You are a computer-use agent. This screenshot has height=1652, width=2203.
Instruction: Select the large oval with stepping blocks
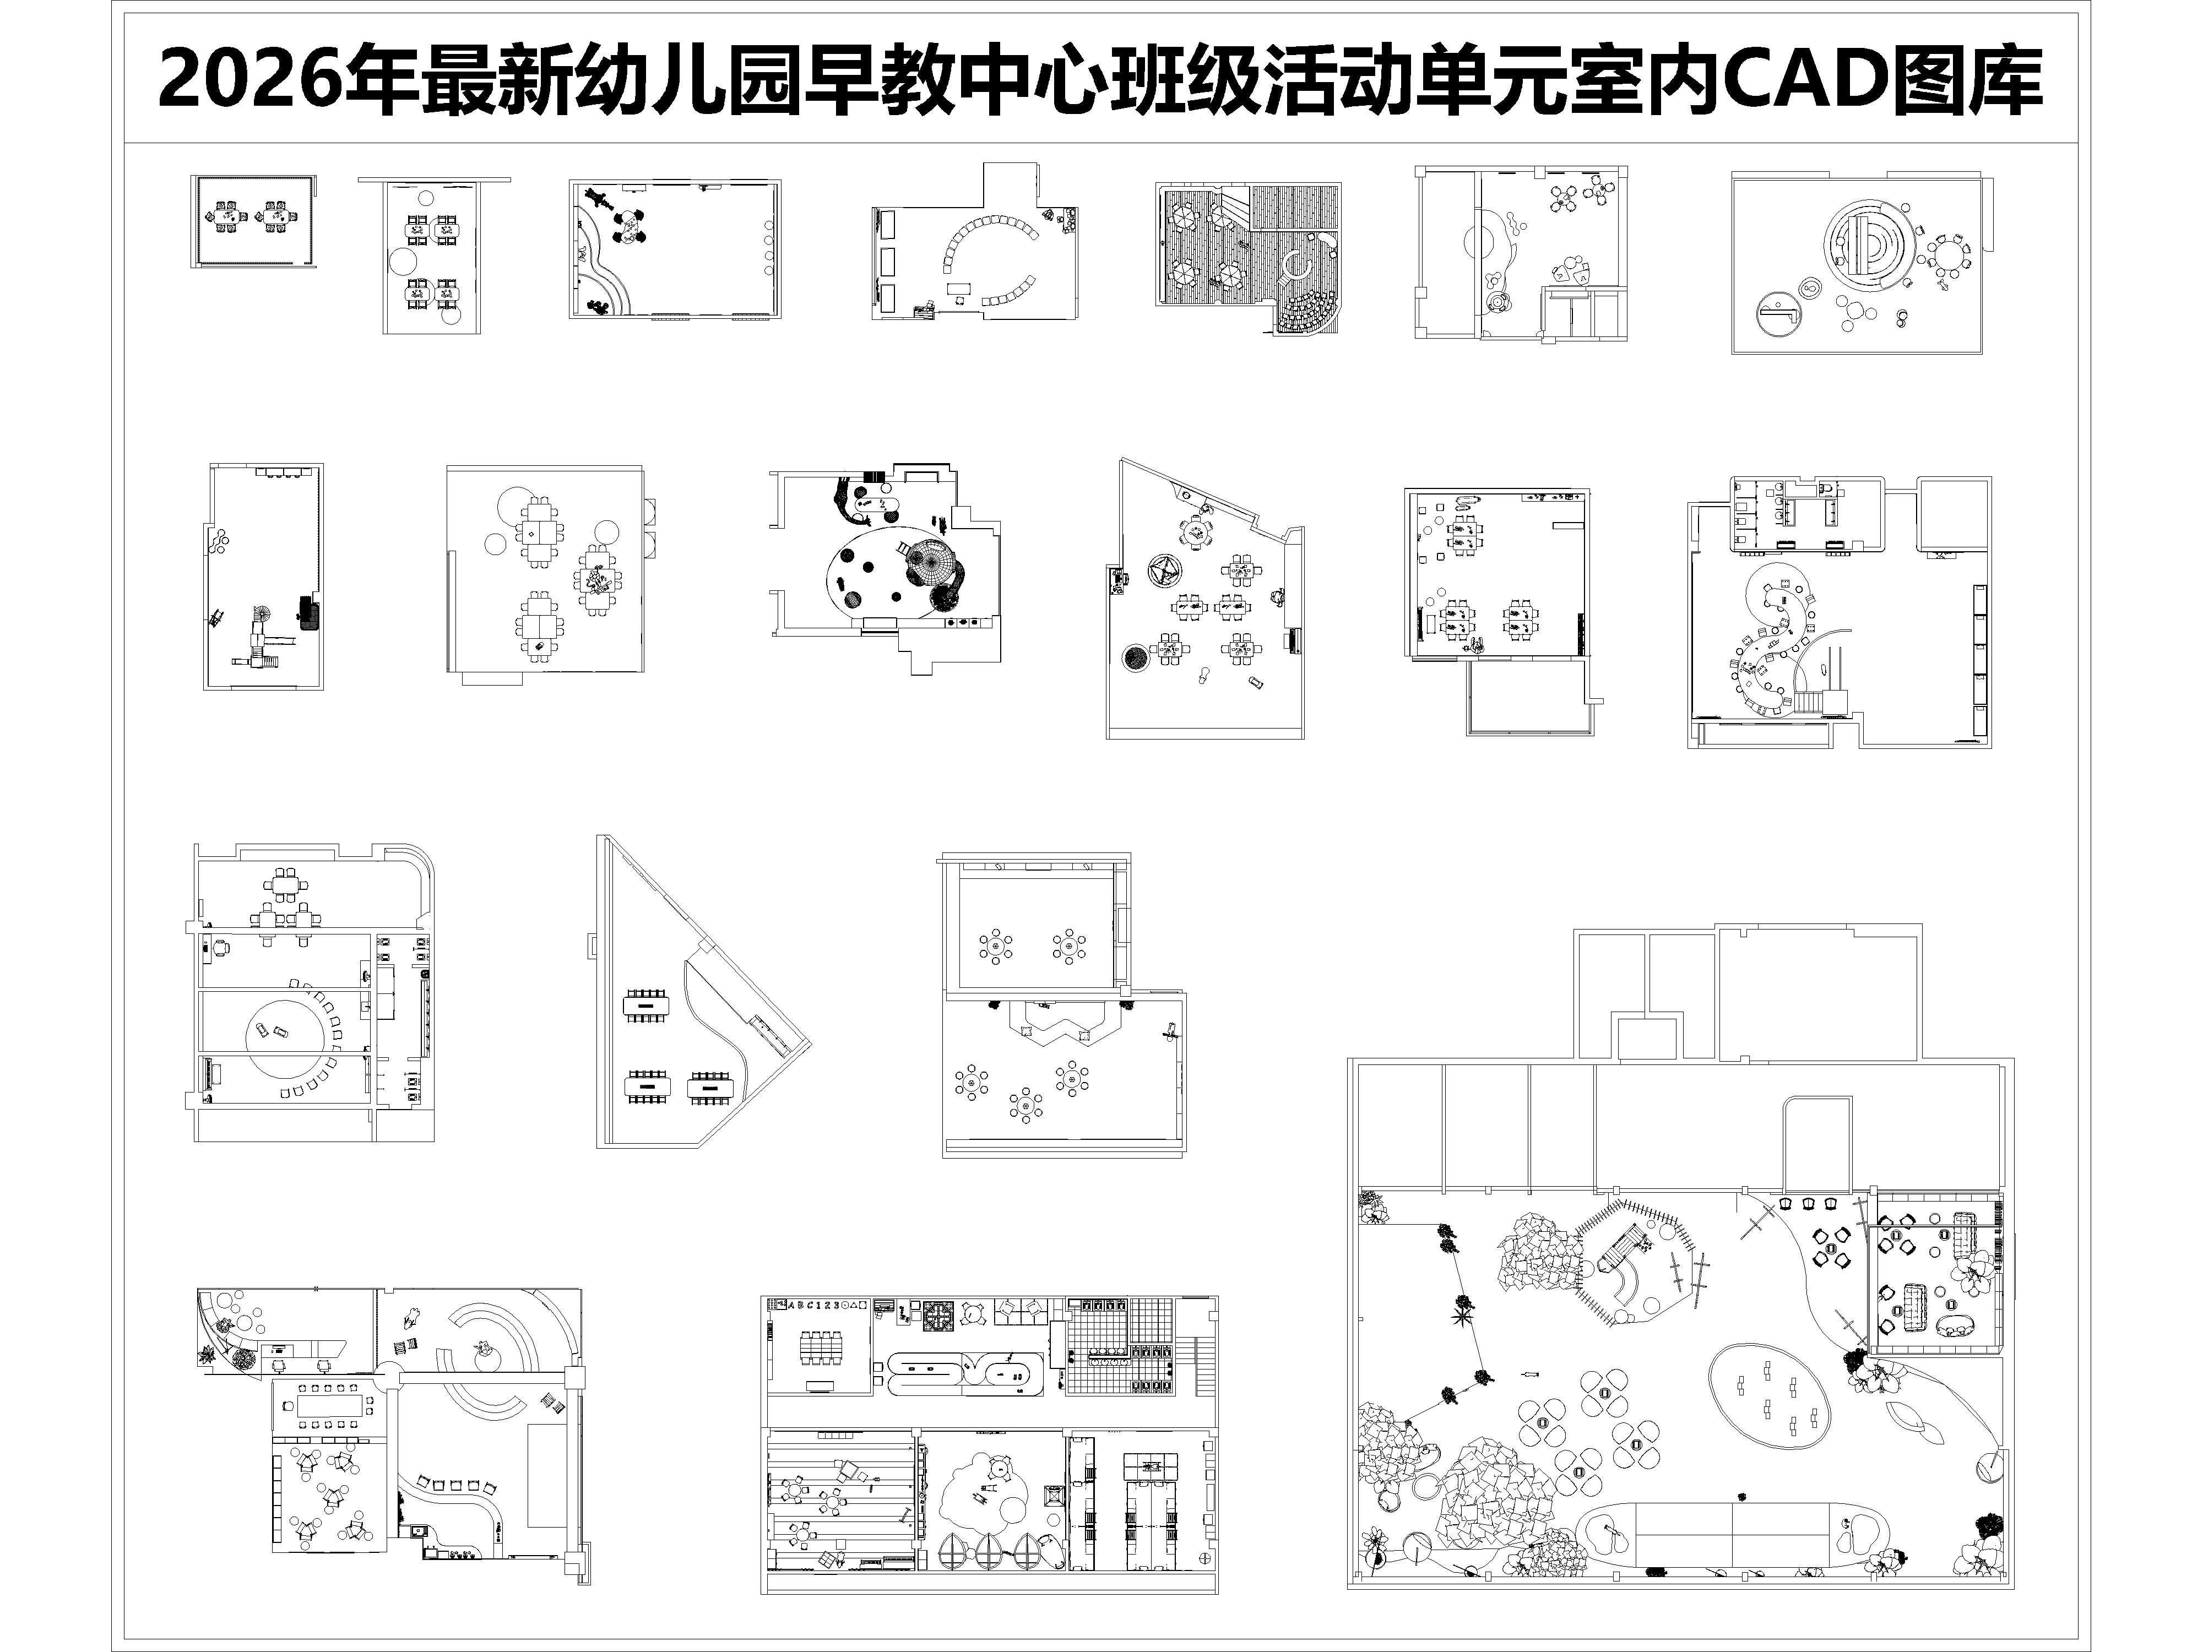(x=1770, y=1395)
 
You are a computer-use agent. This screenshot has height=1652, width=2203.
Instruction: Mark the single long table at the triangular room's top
(x=647, y=1005)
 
